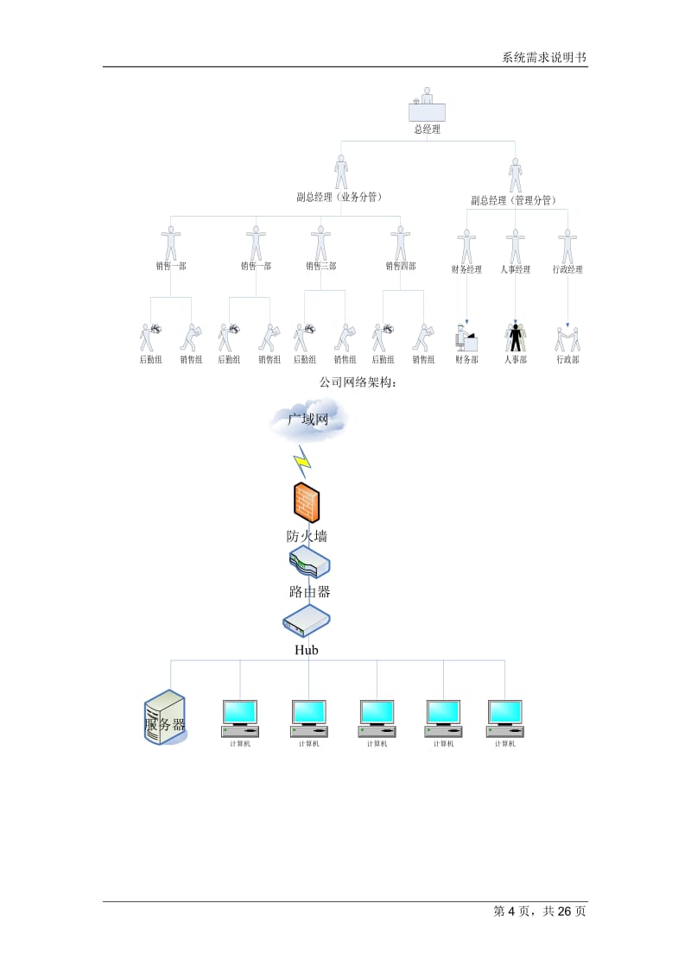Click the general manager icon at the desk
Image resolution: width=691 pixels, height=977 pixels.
(427, 105)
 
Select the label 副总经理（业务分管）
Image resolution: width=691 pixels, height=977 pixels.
(339, 197)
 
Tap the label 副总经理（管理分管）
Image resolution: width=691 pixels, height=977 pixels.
(512, 200)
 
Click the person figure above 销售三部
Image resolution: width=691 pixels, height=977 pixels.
(320, 243)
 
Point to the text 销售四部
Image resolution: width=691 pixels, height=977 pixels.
(400, 266)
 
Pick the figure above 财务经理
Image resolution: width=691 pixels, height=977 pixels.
(467, 246)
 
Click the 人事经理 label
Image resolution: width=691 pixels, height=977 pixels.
(516, 269)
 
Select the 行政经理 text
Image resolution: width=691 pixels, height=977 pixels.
(567, 269)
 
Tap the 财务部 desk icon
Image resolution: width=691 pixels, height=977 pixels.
(466, 337)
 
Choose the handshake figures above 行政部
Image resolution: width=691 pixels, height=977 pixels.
(567, 337)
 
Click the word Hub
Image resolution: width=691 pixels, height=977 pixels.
(307, 650)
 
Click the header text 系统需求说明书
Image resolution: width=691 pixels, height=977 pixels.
(544, 58)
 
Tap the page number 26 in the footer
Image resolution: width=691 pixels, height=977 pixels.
(567, 911)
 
